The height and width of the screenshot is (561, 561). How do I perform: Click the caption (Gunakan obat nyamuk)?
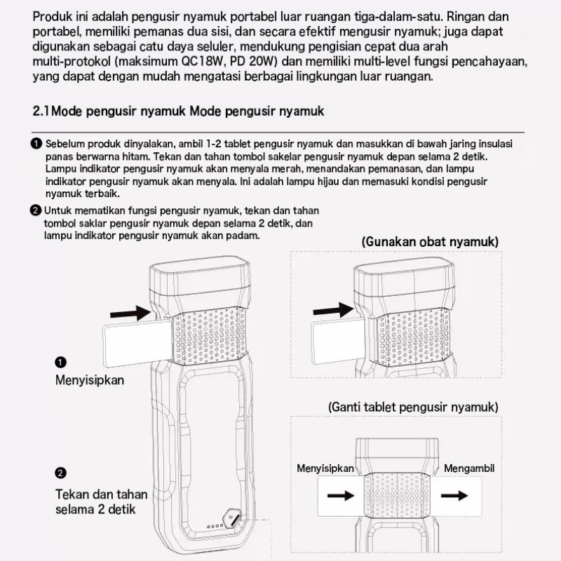(430, 242)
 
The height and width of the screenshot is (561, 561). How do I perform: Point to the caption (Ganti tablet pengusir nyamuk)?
(413, 407)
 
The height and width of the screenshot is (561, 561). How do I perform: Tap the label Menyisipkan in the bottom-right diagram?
(325, 468)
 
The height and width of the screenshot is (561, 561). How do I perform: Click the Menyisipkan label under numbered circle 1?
(90, 381)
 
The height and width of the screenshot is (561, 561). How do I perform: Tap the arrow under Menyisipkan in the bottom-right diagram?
(341, 495)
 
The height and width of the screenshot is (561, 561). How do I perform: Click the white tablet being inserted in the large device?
(137, 342)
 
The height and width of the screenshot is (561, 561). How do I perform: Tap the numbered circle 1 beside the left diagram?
(61, 362)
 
